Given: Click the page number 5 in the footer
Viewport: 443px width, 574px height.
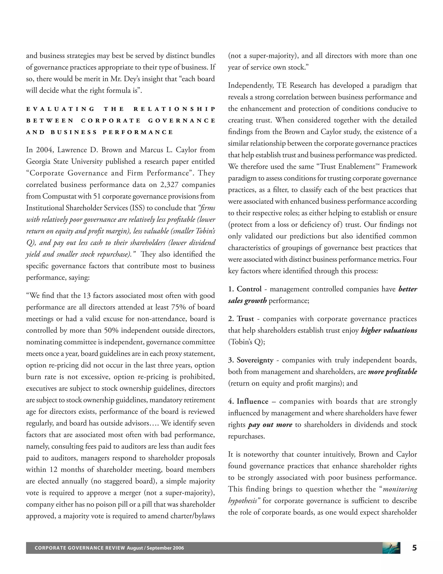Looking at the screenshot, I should point(414,548).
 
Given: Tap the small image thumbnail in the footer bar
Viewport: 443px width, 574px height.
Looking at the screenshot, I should point(391,548).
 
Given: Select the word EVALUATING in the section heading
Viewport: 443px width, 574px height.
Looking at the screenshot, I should point(60,109).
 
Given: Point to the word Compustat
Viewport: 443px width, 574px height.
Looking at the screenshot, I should point(59,196).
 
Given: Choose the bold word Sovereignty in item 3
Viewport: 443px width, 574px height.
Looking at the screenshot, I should point(255,360).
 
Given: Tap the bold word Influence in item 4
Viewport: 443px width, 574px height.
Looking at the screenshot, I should point(252,401).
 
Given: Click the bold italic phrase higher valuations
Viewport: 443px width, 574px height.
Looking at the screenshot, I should point(389,330).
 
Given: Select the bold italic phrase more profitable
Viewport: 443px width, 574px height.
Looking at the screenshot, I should point(392,372).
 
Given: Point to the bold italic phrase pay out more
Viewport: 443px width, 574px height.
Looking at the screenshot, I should point(270,425).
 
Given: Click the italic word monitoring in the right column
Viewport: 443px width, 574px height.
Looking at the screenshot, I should point(400,489).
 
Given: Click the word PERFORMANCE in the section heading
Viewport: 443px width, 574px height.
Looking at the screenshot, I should point(138,132).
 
